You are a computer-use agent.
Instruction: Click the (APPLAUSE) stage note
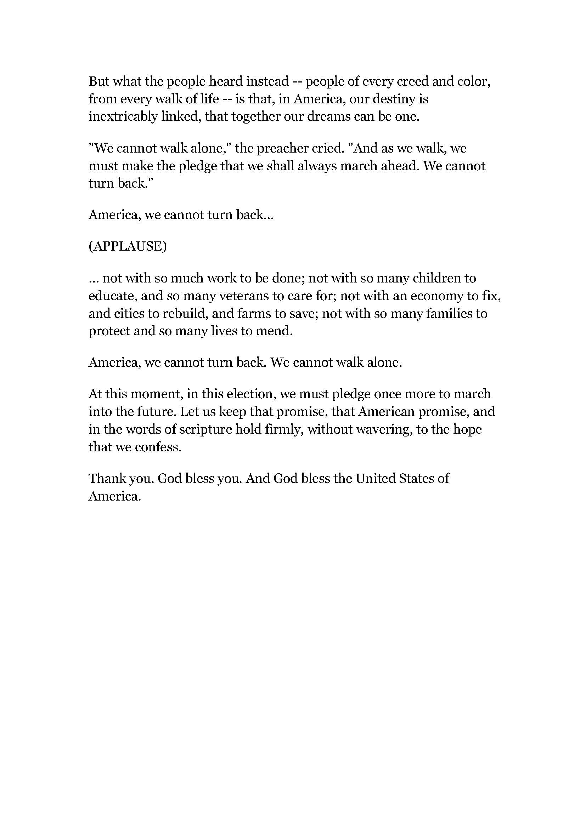click(128, 246)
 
